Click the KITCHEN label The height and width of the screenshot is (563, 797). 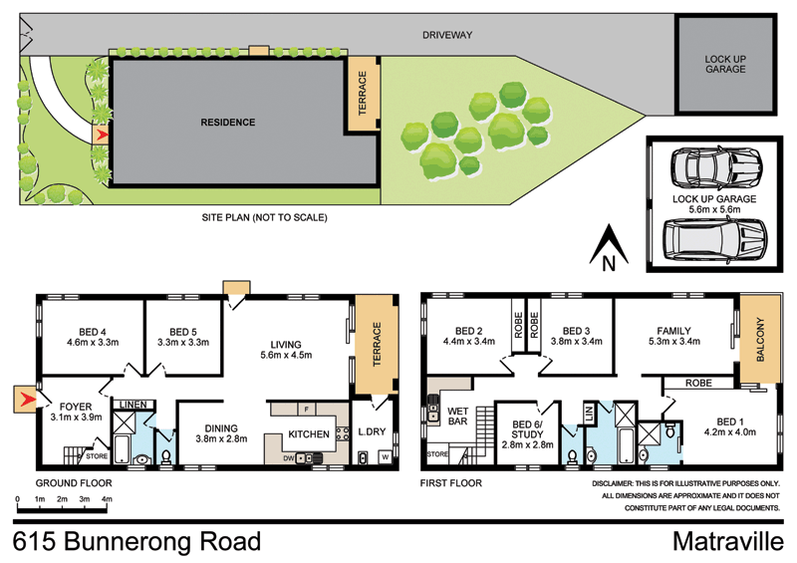click(309, 434)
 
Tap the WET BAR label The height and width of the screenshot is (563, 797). click(459, 415)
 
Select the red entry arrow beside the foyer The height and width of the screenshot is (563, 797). click(25, 401)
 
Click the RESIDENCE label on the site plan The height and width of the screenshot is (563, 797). click(228, 123)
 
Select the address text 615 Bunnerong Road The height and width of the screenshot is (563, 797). click(137, 541)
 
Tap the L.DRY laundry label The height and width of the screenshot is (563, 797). click(373, 430)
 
